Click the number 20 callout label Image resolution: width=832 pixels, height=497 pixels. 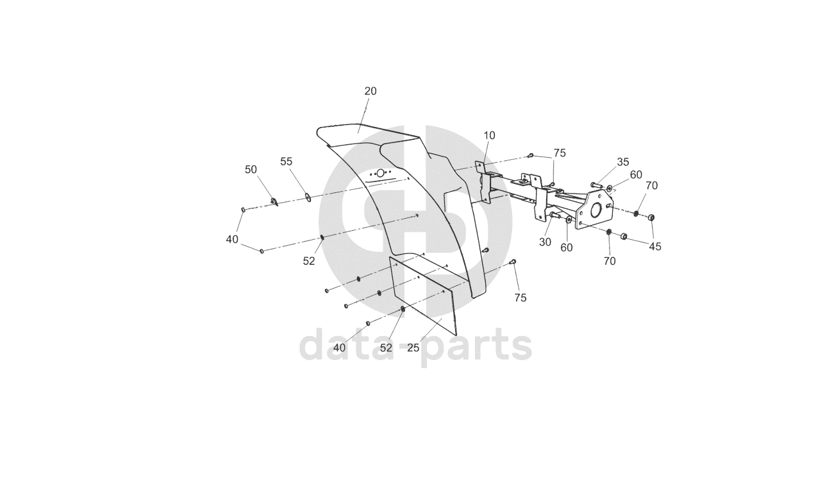tap(370, 91)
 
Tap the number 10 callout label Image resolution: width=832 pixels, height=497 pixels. tap(489, 135)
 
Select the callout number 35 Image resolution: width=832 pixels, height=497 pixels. tap(623, 162)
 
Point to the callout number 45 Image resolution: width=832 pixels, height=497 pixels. tap(655, 246)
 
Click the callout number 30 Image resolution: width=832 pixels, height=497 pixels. tap(545, 242)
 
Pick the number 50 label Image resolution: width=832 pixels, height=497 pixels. tap(251, 169)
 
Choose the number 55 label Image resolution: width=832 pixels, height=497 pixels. tap(286, 162)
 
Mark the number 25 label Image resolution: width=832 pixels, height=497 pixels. tap(413, 348)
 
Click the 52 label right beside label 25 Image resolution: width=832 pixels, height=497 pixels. tap(386, 348)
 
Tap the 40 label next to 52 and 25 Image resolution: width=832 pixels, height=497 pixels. tap(340, 348)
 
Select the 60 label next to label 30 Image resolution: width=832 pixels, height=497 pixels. tap(567, 248)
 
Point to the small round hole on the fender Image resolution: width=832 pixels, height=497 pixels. tap(380, 173)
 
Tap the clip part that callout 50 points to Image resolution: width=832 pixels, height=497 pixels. tap(274, 203)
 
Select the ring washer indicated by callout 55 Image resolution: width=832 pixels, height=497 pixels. tap(308, 197)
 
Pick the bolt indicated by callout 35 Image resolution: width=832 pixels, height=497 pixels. tap(595, 185)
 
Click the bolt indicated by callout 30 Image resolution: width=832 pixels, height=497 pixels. tap(554, 215)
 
